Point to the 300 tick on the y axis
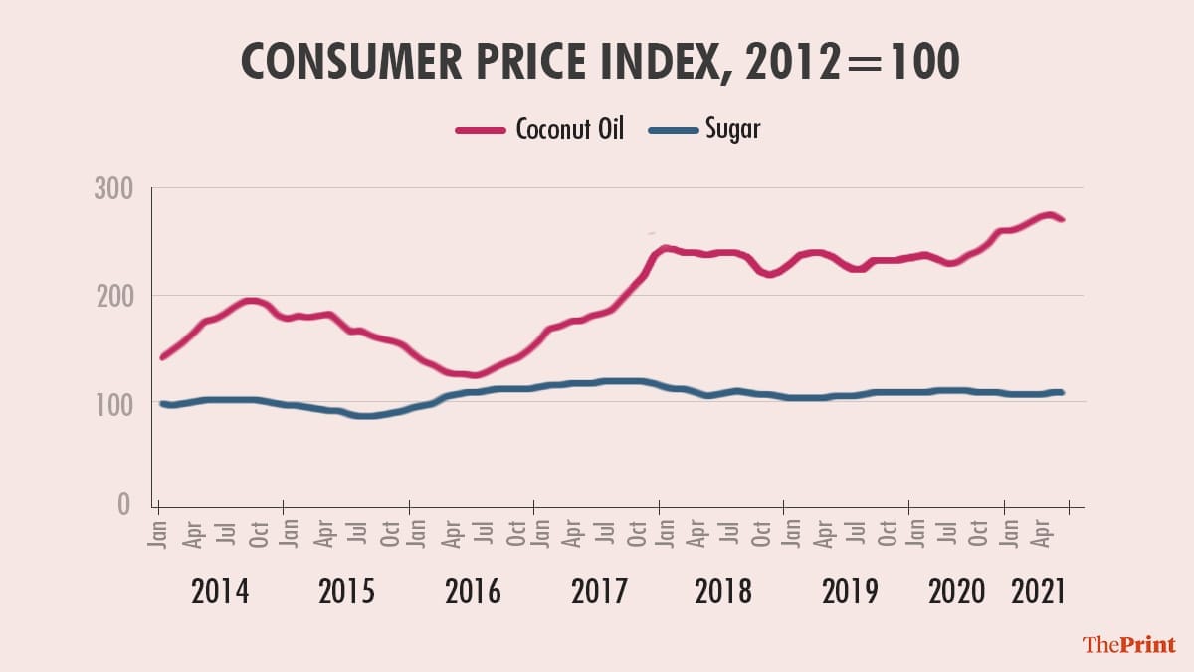(x=113, y=187)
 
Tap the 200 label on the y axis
(x=113, y=296)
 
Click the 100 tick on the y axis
(x=113, y=403)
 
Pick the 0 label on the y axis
(x=123, y=505)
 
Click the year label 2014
(x=220, y=591)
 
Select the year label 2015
(x=346, y=591)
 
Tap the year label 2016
(x=473, y=591)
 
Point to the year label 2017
(x=599, y=591)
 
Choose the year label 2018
(x=723, y=591)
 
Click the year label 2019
(x=850, y=591)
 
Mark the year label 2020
(x=956, y=591)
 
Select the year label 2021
(x=1038, y=591)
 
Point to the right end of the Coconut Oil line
(x=1063, y=219)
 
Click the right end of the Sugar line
(x=1062, y=392)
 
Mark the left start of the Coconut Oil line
(x=162, y=356)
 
